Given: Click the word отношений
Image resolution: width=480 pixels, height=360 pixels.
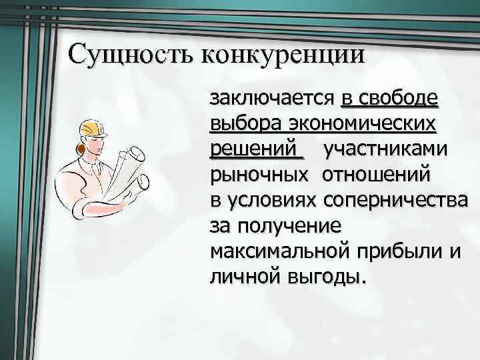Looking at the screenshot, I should click(x=377, y=175).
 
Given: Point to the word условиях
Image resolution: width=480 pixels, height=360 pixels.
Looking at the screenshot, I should click(x=272, y=200).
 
